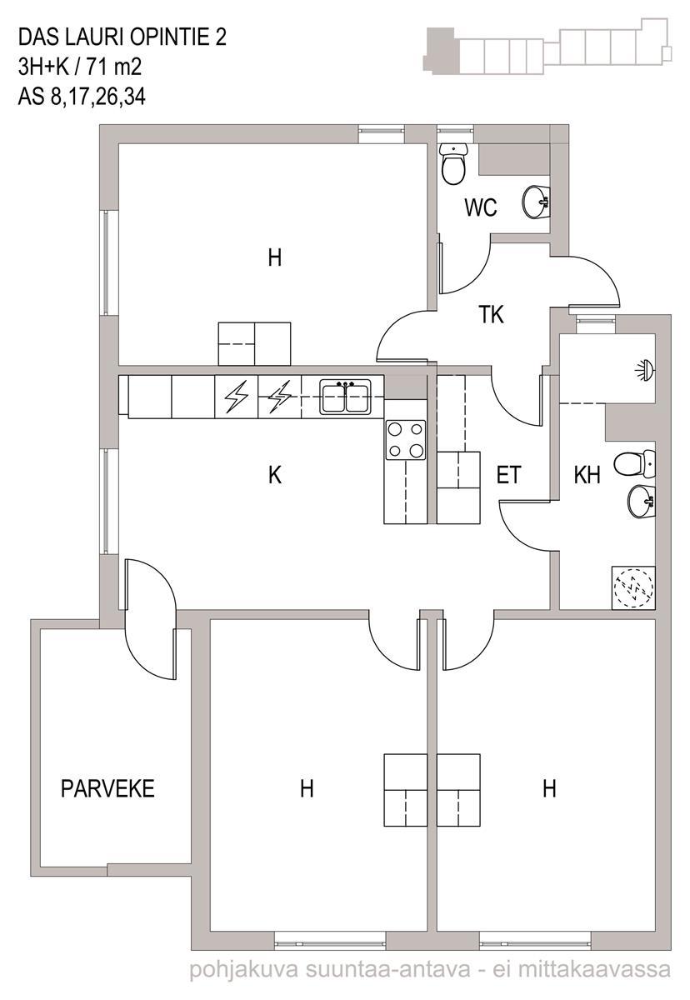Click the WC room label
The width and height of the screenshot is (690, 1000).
tap(481, 207)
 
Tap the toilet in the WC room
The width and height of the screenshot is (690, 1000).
tap(453, 164)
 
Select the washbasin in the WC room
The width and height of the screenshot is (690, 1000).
tap(535, 202)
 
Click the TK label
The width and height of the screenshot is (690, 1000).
tap(491, 314)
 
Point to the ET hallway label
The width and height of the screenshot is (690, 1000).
tap(508, 475)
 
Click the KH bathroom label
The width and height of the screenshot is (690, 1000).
tap(587, 475)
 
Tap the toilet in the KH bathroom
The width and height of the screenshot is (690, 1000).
tap(635, 463)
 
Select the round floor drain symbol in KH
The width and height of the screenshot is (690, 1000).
tap(634, 587)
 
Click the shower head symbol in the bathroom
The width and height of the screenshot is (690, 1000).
tap(646, 369)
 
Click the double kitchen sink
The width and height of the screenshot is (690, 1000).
tap(345, 397)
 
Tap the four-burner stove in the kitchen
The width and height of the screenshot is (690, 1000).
tap(405, 440)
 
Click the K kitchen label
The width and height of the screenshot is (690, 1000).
tap(275, 475)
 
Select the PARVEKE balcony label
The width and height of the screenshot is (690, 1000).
tap(107, 789)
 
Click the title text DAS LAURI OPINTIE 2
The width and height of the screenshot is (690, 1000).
tap(122, 37)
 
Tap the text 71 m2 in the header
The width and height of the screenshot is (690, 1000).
tap(114, 67)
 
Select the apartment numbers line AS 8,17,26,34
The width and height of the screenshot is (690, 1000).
tap(82, 97)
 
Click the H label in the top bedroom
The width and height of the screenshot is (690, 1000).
tap(275, 258)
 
